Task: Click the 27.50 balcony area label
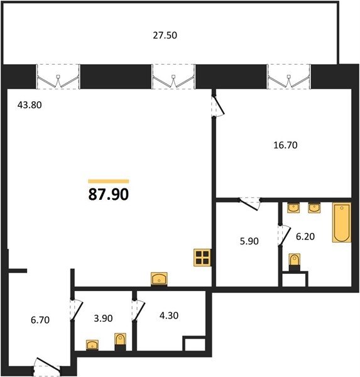pos(165,35)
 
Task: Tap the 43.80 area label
pos(30,105)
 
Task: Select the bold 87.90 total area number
pos(109,194)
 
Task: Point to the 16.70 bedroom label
pos(285,145)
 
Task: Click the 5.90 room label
pos(249,241)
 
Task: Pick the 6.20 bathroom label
pos(305,237)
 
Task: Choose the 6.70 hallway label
pos(40,320)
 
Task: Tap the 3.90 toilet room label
pos(103,319)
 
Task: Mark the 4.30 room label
pos(169,315)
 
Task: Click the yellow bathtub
pos(342,222)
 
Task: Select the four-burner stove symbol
pos(202,258)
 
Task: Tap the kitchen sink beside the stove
pos(159,279)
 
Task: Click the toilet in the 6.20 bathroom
pos(295,262)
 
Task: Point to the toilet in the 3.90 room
pos(120,342)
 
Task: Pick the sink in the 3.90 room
pos(92,345)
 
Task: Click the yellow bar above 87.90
pos(109,182)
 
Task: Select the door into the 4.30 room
pos(138,310)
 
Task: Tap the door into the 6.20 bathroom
pos(284,235)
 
